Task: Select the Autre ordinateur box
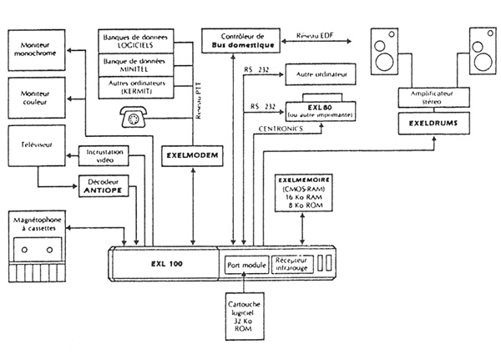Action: tap(321, 75)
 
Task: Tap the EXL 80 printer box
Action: tap(321, 111)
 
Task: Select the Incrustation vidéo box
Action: tap(104, 155)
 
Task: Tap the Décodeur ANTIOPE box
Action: tap(104, 185)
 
